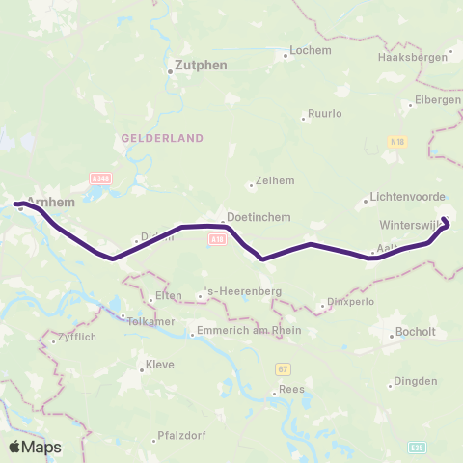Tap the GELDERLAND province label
click(161, 138)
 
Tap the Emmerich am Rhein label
click(249, 331)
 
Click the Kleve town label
click(160, 366)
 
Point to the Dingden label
click(417, 381)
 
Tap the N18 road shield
click(395, 141)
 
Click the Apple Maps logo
click(35, 447)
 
